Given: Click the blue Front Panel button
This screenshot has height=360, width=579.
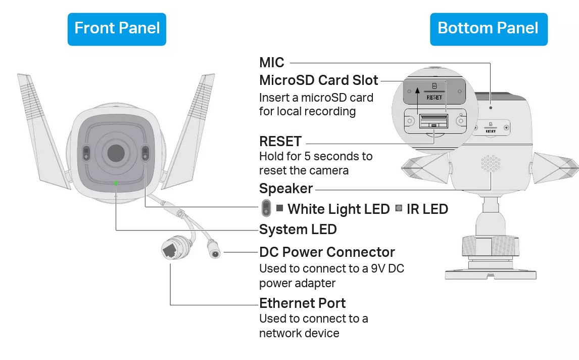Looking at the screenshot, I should [117, 28].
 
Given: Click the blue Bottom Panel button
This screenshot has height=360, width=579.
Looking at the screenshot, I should [488, 28].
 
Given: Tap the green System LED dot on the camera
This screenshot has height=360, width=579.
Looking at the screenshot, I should [116, 183].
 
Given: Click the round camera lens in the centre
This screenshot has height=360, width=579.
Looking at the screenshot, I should [115, 152].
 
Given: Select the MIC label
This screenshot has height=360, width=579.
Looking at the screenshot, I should [272, 63].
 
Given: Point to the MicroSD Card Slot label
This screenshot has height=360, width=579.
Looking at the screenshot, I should [318, 80].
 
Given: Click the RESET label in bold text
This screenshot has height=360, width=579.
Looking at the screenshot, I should [280, 141].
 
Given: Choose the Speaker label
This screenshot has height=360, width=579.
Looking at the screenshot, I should [286, 189].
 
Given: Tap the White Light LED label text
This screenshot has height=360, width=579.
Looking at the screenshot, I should [339, 209].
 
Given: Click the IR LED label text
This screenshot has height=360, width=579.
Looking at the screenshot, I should [427, 209].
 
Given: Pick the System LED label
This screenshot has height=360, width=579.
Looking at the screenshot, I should [298, 230].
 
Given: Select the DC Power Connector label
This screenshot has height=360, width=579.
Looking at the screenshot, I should [327, 252].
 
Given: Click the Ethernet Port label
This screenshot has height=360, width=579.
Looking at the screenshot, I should [302, 303].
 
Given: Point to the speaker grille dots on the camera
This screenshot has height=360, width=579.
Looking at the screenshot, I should [490, 163].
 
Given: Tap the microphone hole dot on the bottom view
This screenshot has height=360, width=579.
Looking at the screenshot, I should [491, 108].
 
